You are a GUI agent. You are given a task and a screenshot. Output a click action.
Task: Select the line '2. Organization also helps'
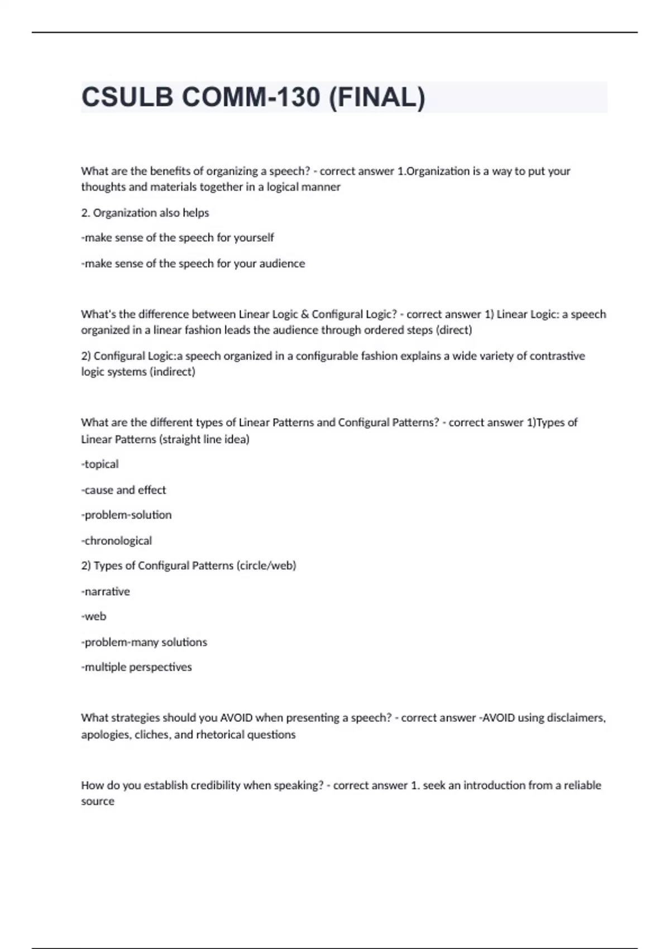(x=145, y=213)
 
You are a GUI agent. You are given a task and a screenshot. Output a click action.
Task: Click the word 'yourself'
(x=254, y=238)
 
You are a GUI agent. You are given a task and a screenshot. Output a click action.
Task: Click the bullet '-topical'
(x=100, y=464)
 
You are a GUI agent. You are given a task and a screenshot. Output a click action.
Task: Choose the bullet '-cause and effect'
(x=123, y=490)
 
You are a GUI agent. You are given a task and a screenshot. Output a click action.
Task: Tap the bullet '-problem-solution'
(x=126, y=515)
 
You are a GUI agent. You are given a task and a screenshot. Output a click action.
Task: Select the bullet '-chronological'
(x=116, y=541)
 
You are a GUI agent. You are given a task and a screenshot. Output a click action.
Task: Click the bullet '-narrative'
(x=106, y=592)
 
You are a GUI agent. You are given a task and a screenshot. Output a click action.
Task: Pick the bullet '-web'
(x=94, y=617)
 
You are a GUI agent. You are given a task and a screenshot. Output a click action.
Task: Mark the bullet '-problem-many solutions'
(x=144, y=643)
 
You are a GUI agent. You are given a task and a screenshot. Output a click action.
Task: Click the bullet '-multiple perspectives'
(x=136, y=668)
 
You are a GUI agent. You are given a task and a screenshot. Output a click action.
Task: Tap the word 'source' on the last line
(x=98, y=802)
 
